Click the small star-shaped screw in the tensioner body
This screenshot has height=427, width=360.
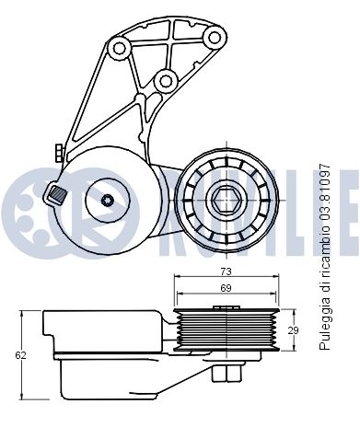coord(106,199)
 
